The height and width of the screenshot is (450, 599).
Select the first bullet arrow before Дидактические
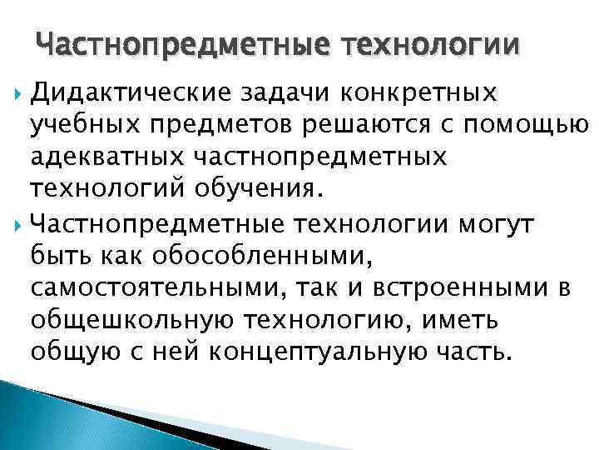(19, 89)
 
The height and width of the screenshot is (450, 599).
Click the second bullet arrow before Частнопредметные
(19, 224)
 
